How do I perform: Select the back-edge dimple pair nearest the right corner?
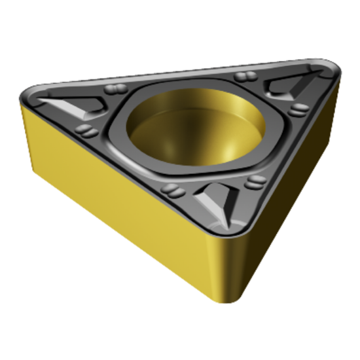(245, 77)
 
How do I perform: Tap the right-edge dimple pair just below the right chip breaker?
(298, 108)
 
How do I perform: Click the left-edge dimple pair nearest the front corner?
(171, 190)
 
